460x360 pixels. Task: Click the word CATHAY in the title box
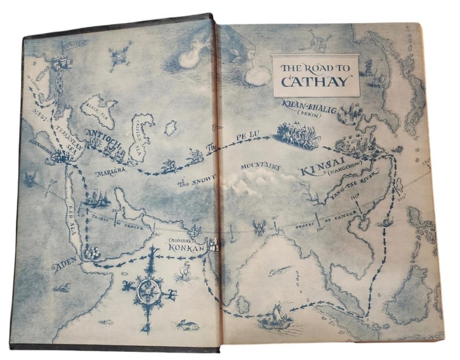tap(316, 81)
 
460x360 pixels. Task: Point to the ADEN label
tap(65, 266)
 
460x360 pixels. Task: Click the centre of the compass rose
tap(149, 286)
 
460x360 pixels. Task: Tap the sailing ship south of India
tap(274, 316)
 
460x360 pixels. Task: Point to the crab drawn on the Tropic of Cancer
tap(258, 224)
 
